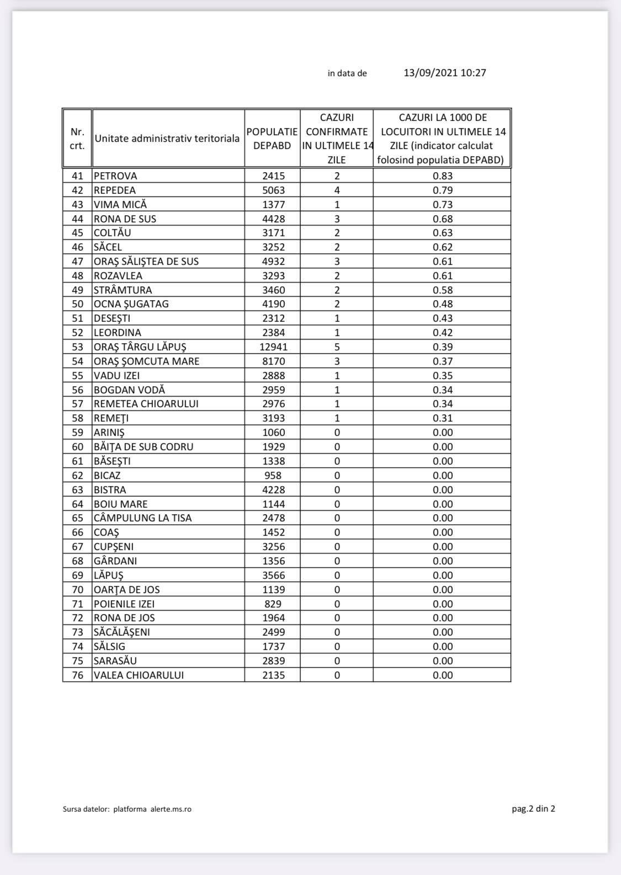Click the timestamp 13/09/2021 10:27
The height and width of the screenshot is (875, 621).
point(445,73)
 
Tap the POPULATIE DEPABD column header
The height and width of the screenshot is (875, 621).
point(272,138)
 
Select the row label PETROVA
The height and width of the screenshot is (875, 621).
point(115,176)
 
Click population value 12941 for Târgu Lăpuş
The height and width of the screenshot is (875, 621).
point(273,347)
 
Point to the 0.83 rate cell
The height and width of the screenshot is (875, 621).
point(443,176)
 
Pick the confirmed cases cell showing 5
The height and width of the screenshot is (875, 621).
point(337,347)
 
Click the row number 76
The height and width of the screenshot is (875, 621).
point(77,675)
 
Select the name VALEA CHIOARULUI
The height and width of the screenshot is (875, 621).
point(139,675)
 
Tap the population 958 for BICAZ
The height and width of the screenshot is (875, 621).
point(273,476)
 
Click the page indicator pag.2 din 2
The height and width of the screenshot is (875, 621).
point(533,809)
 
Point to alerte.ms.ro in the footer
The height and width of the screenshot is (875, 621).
point(171,809)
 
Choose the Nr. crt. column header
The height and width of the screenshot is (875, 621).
point(77,138)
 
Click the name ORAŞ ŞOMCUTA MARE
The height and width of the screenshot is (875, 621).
point(146,361)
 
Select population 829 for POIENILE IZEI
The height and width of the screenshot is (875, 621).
point(273,604)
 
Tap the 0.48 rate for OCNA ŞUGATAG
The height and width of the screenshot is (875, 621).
point(443,304)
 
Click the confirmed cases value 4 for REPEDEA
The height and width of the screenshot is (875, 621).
point(337,190)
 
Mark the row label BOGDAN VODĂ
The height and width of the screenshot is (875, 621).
point(129,390)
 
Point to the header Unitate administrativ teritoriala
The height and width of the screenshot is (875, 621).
point(167,138)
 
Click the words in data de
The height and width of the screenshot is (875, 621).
point(347,73)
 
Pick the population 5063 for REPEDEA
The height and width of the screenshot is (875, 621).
point(273,190)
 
